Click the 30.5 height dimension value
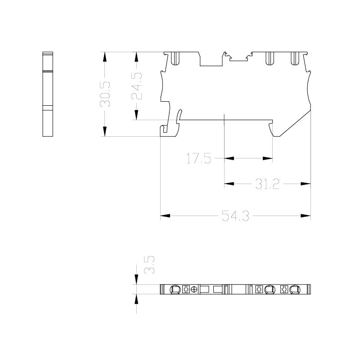105,94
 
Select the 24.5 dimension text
137,86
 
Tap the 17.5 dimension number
198,158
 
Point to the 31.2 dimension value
267,184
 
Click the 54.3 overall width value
235,216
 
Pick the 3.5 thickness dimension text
149,265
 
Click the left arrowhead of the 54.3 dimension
165,216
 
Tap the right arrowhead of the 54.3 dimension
306,216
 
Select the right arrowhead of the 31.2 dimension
306,184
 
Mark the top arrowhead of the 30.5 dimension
105,57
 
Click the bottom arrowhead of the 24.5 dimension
136,115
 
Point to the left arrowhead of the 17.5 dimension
229,158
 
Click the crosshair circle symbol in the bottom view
194,289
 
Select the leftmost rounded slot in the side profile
175,58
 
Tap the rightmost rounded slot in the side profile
295,58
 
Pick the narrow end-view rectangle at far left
48,94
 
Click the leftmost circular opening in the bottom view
175,289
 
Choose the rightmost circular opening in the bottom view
295,289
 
